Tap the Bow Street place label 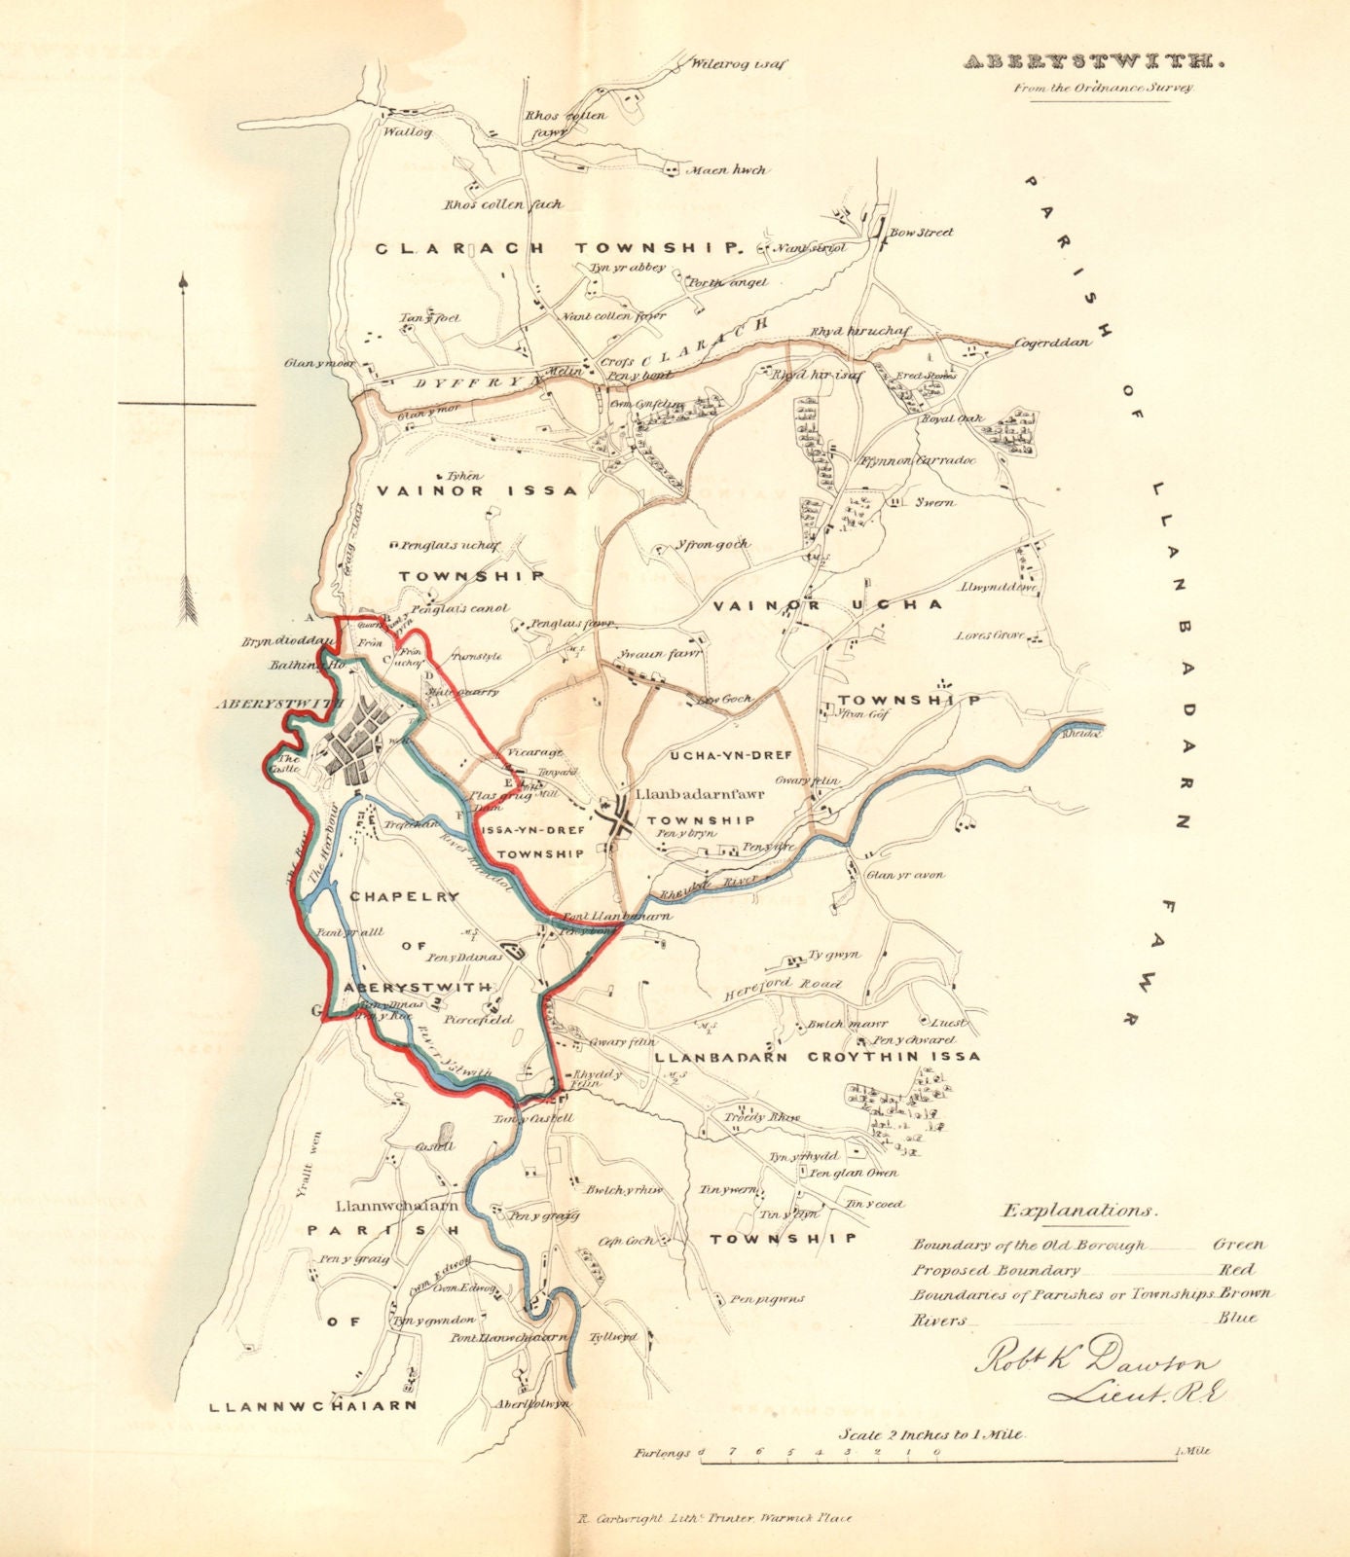point(922,233)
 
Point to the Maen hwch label point(727,170)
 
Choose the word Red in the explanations point(1236,1270)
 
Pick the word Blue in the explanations point(1236,1320)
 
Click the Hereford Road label point(782,990)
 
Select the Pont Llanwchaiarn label point(507,1337)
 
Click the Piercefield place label point(477,1021)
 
